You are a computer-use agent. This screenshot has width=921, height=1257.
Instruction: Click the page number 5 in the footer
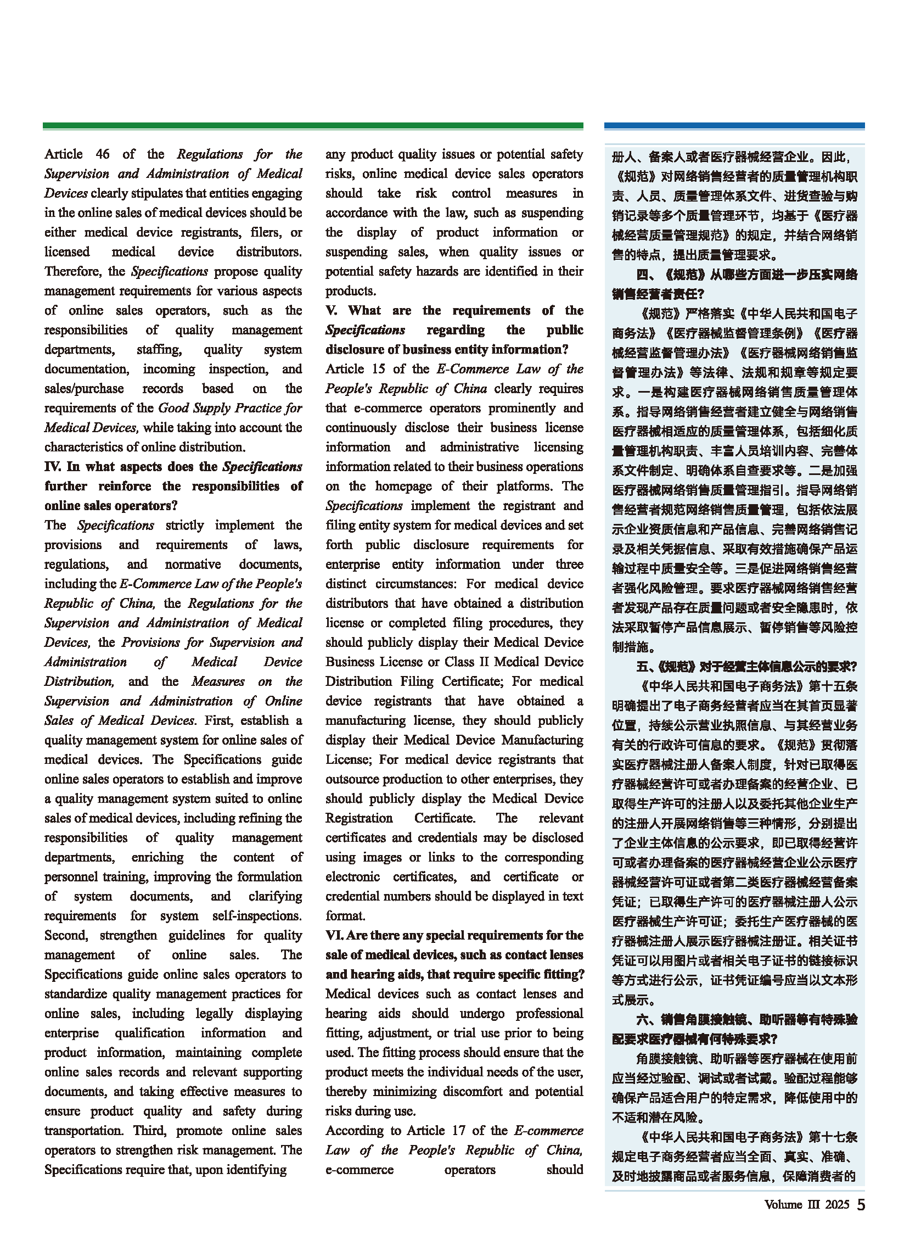(861, 1205)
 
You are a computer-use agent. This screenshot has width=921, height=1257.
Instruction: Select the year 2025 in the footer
(837, 1205)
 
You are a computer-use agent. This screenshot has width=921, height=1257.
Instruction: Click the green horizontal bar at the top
(313, 126)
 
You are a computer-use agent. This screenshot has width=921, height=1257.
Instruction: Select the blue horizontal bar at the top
(734, 126)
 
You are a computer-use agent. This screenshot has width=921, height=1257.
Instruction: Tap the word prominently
(522, 407)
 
